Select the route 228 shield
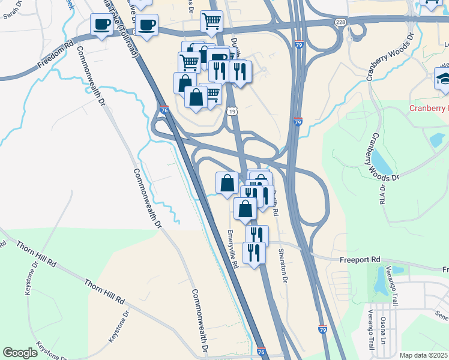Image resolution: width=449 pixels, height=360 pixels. [341, 22]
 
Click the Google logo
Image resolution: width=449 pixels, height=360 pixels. [20, 353]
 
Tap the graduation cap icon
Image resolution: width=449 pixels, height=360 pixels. [443, 79]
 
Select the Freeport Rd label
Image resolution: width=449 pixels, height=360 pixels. [360, 260]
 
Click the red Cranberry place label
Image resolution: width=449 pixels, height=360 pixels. [429, 109]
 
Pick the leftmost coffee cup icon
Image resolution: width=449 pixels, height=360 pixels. [101, 25]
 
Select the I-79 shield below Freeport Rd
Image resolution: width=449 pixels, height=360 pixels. [323, 329]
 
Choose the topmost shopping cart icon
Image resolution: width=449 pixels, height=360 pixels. [211, 21]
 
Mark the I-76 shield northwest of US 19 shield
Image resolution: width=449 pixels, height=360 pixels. [165, 110]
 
